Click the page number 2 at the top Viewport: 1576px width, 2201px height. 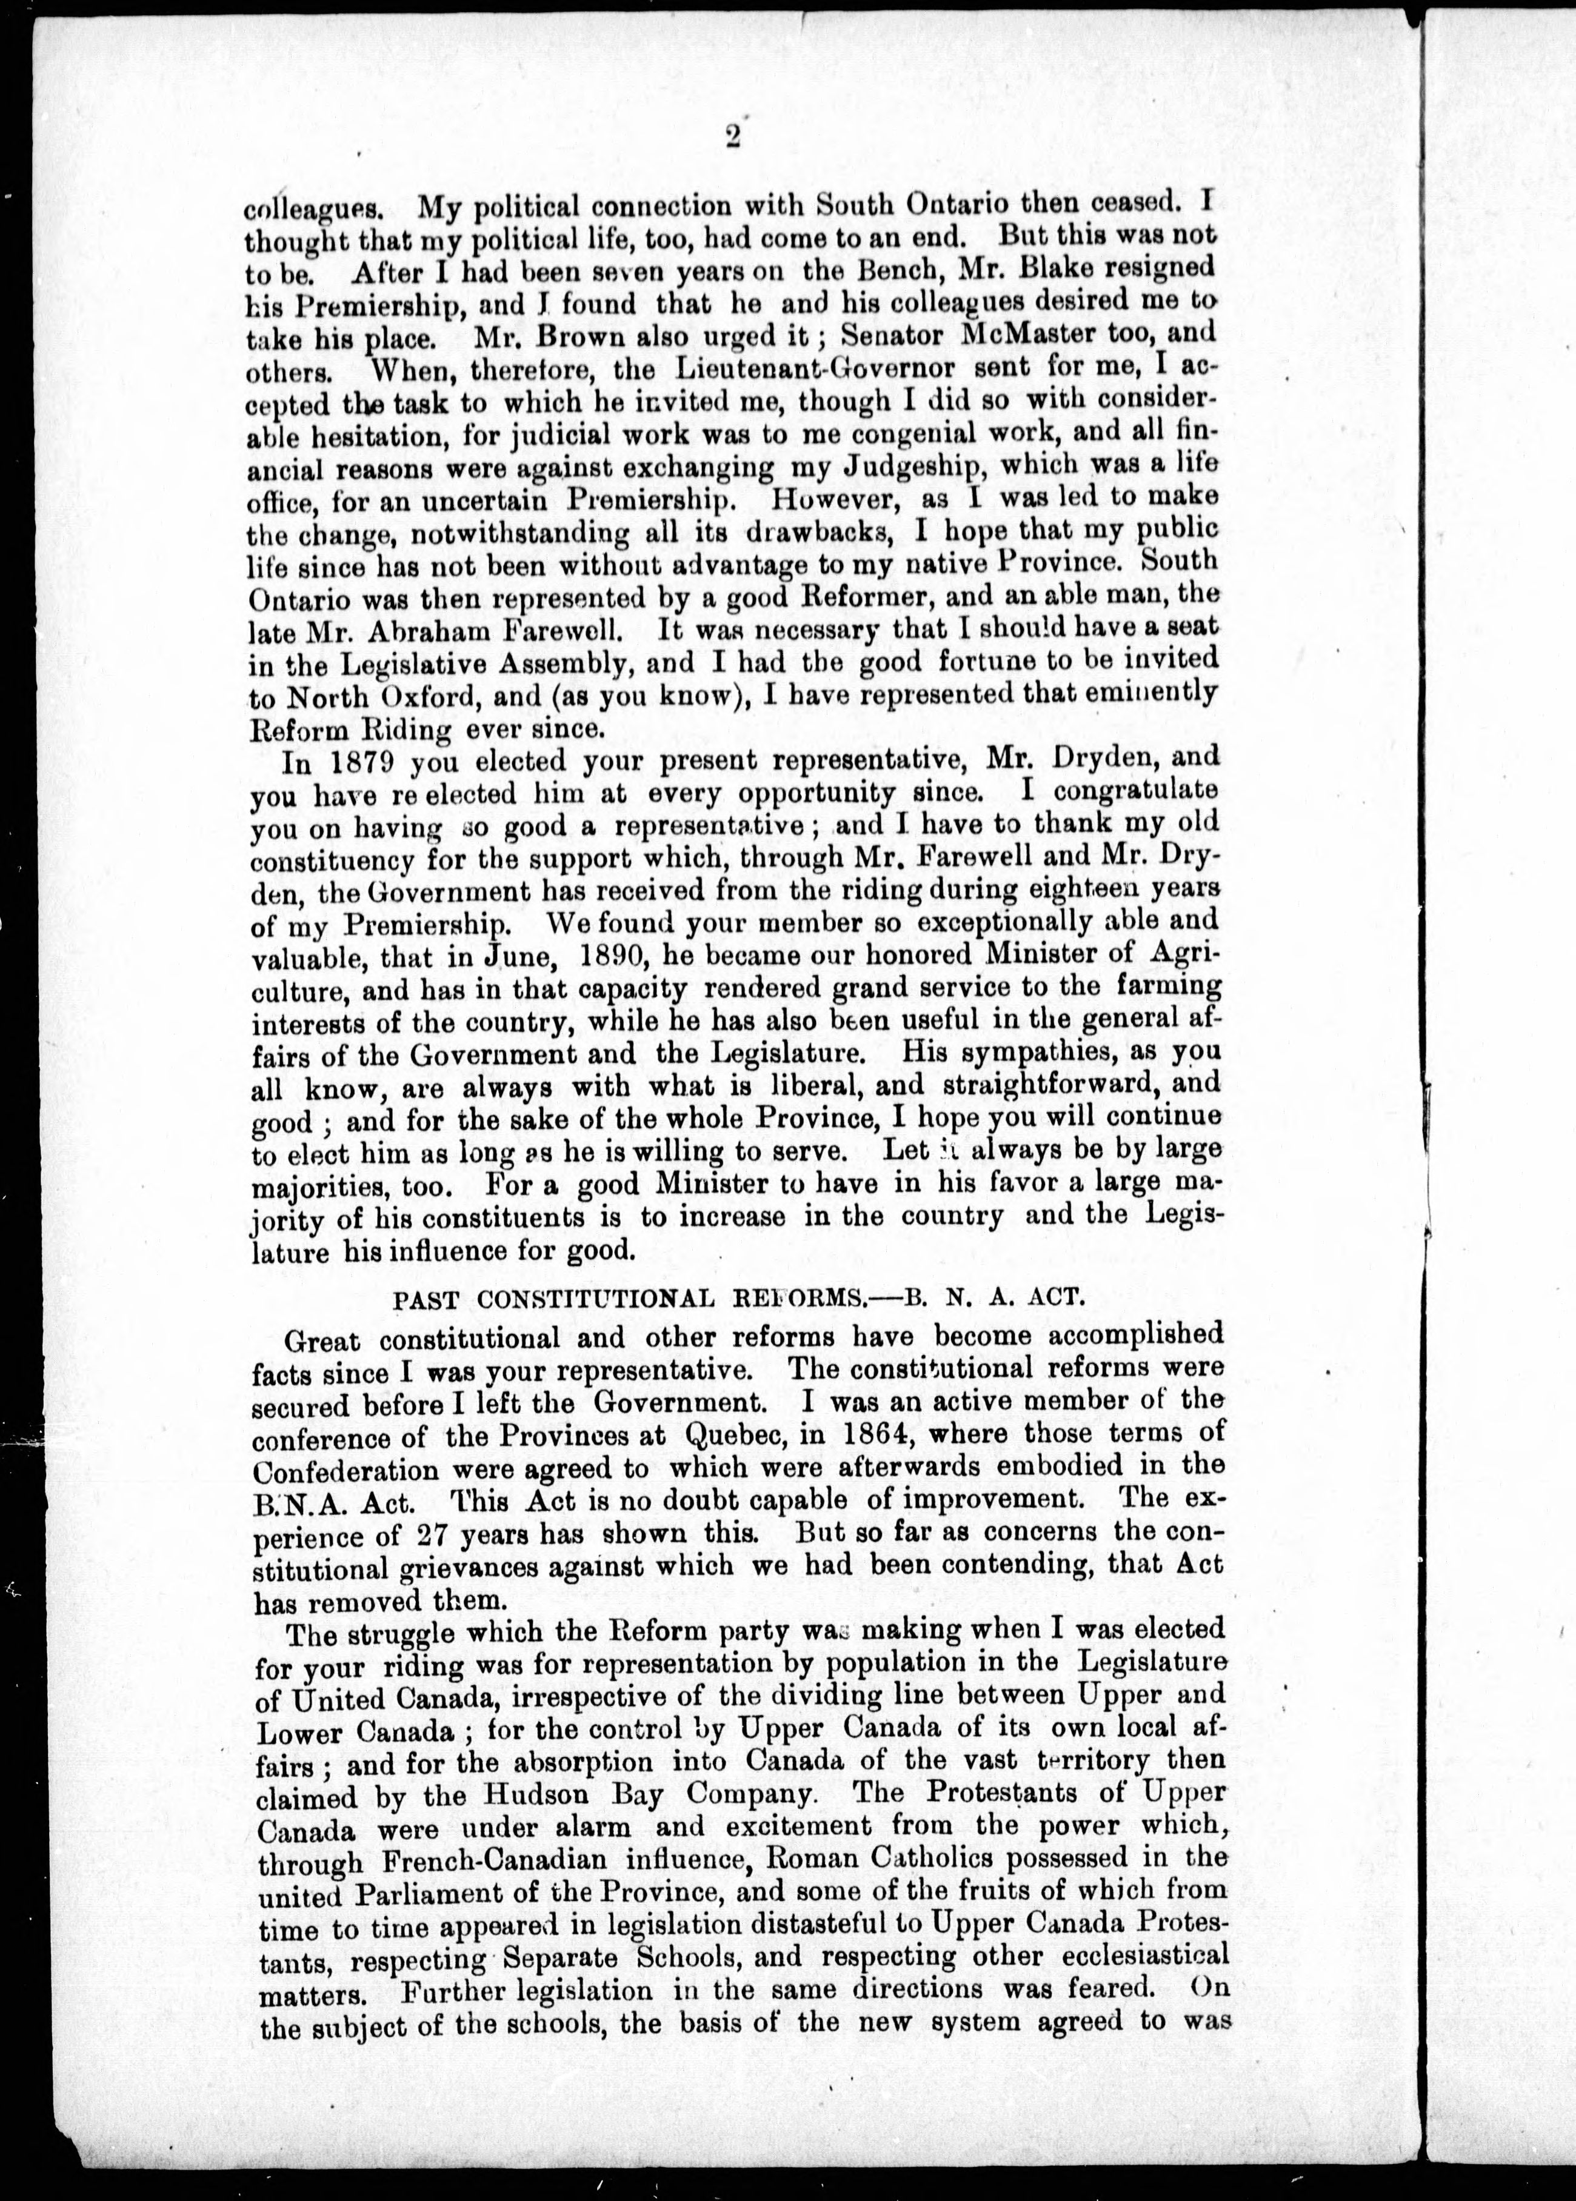tap(733, 136)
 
